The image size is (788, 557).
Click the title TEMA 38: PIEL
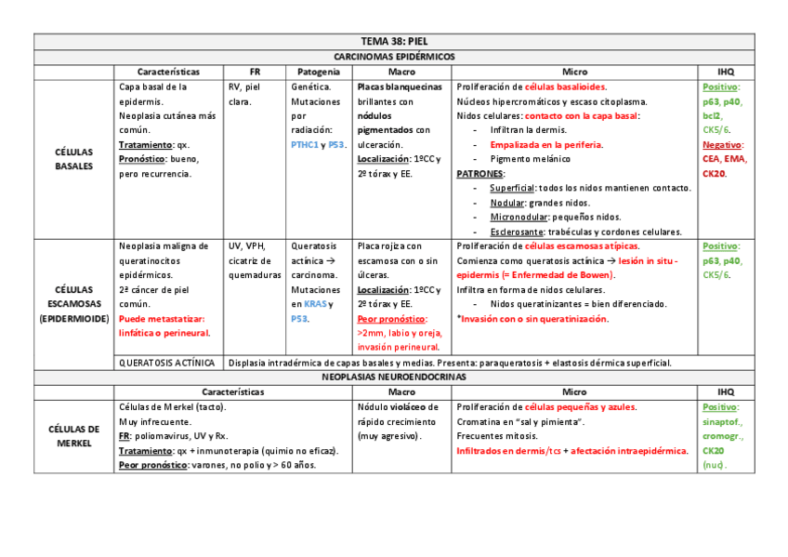tap(393, 42)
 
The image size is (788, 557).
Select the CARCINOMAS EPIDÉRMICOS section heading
tap(393, 57)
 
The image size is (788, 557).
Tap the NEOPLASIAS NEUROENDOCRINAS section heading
tap(393, 378)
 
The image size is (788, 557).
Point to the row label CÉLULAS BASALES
tap(74, 159)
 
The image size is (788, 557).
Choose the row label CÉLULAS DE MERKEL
tap(74, 436)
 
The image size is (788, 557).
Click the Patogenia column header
tap(318, 72)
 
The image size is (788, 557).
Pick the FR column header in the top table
tap(255, 72)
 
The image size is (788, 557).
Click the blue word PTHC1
tap(304, 145)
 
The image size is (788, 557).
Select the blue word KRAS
tap(316, 304)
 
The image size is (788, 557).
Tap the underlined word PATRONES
tap(481, 174)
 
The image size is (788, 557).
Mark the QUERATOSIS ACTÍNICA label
tap(167, 363)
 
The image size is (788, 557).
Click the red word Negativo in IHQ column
tap(721, 145)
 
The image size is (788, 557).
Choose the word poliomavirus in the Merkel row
tap(161, 436)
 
